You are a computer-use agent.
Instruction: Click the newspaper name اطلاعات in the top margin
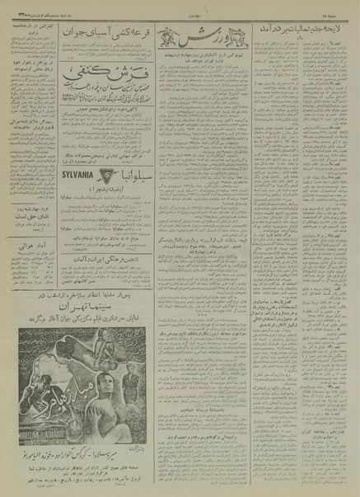point(180,7)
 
